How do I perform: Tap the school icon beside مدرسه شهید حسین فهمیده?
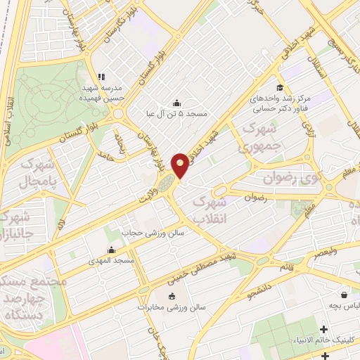(x=101, y=77)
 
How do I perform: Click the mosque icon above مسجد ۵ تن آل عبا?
(x=175, y=103)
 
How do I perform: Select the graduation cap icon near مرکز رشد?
(x=280, y=88)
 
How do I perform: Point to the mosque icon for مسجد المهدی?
(x=111, y=250)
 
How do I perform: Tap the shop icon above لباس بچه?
(x=343, y=295)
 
